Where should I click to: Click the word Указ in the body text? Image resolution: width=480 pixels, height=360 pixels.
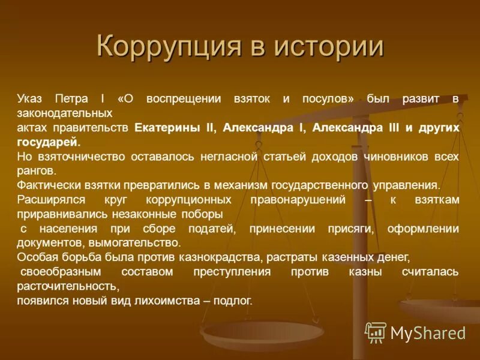pyautogui.click(x=29, y=98)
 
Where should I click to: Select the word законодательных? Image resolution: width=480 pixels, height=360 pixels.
pyautogui.click(x=64, y=113)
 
